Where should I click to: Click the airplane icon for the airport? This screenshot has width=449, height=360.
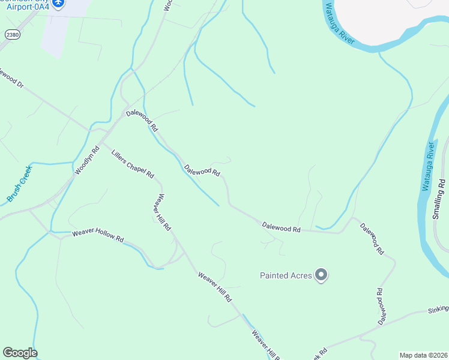(58, 4)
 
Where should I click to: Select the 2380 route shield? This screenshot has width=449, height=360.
(11, 35)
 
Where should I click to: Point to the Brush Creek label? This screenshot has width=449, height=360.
(19, 183)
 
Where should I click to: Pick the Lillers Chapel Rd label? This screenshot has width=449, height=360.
(133, 164)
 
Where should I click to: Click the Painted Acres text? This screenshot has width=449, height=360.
(286, 275)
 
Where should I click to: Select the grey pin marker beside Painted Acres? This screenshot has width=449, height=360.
(321, 275)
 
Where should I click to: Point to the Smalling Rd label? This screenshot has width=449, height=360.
(442, 197)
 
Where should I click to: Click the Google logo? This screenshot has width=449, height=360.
(20, 353)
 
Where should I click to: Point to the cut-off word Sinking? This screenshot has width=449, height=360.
(438, 310)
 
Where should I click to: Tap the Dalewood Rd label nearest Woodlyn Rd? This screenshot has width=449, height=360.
(142, 120)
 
